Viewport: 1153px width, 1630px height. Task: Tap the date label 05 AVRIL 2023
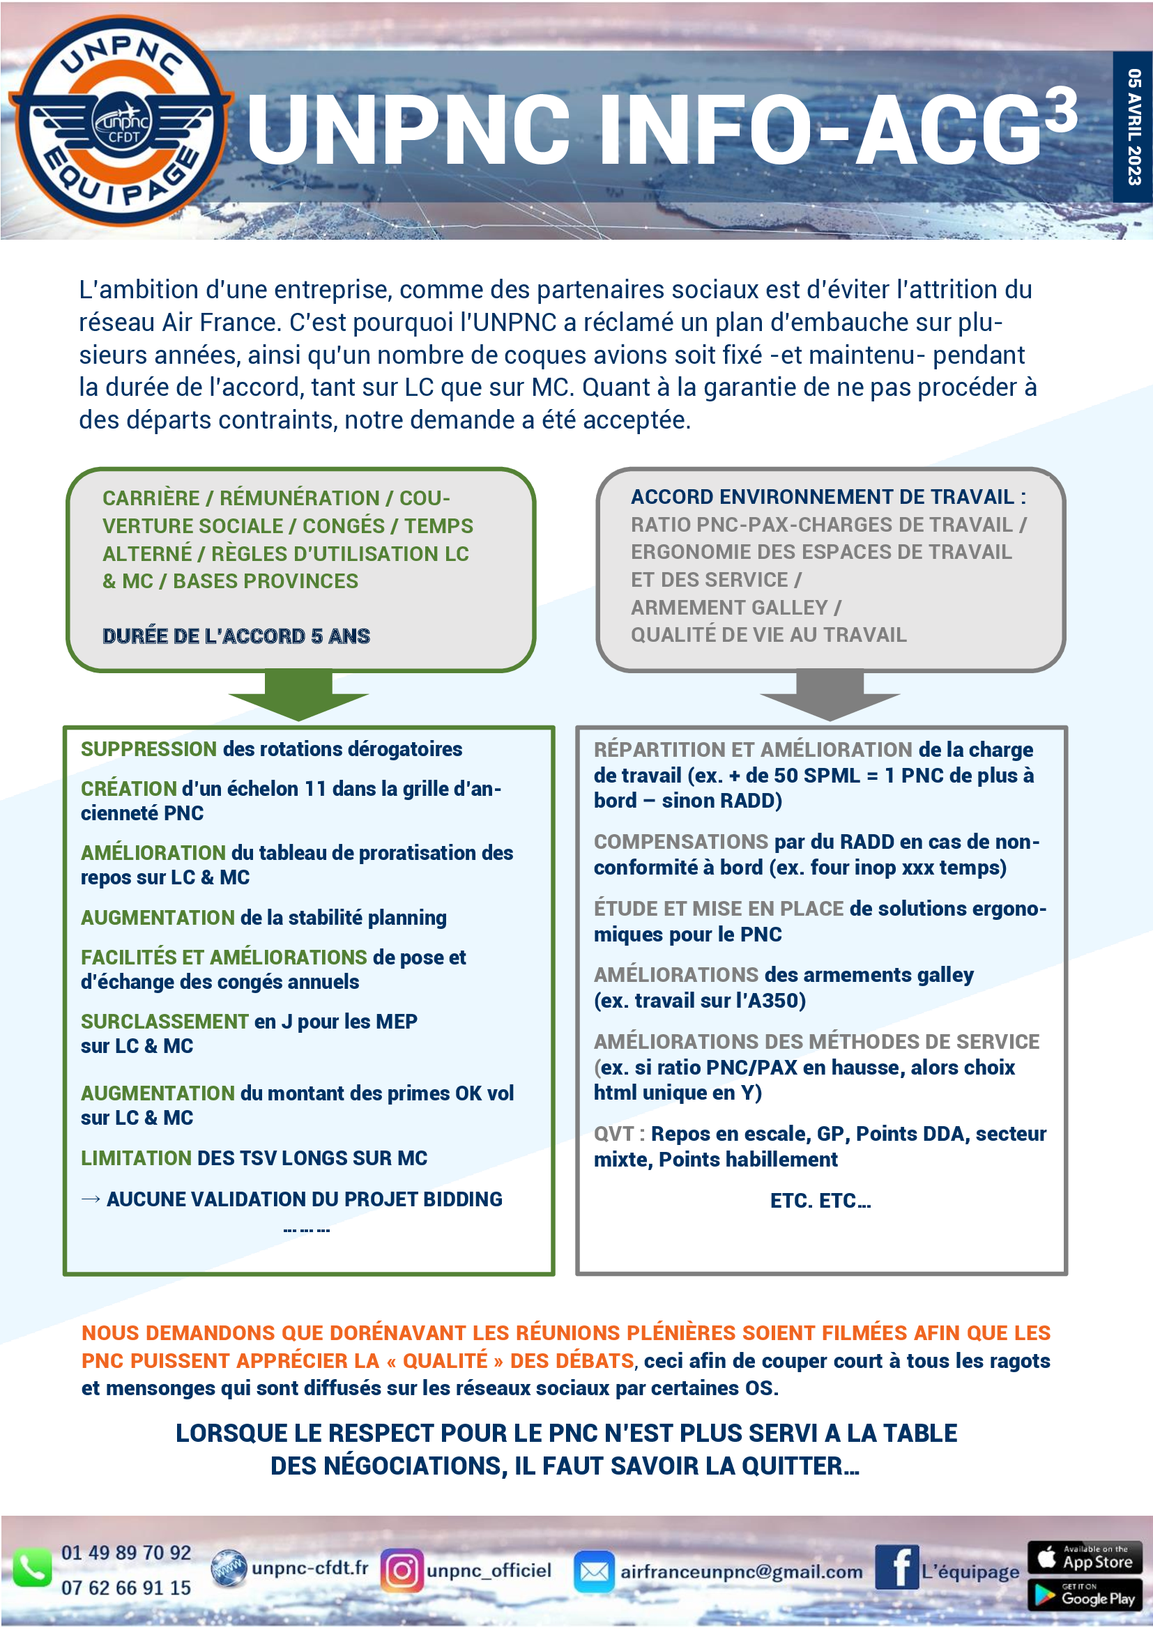(x=1134, y=126)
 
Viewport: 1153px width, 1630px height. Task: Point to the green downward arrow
(x=298, y=695)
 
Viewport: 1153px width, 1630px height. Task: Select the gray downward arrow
(x=830, y=695)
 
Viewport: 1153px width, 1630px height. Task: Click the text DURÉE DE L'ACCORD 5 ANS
(x=236, y=636)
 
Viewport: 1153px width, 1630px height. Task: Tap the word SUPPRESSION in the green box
(x=148, y=749)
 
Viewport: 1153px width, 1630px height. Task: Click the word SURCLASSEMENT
(x=164, y=1022)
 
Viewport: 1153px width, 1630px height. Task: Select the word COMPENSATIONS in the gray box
(x=681, y=842)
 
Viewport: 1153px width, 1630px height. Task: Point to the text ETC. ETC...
(x=820, y=1201)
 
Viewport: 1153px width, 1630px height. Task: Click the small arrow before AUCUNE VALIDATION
(x=90, y=1199)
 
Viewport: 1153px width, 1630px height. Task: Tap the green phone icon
(x=32, y=1567)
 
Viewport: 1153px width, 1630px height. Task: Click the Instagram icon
(x=402, y=1570)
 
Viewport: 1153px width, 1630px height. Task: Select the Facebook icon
(x=896, y=1567)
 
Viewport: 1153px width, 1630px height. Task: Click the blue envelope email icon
(x=593, y=1571)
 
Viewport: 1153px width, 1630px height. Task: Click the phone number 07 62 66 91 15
(x=125, y=1587)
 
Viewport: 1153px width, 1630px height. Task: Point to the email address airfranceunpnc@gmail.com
(x=741, y=1571)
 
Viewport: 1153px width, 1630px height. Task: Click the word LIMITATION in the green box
(x=136, y=1158)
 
